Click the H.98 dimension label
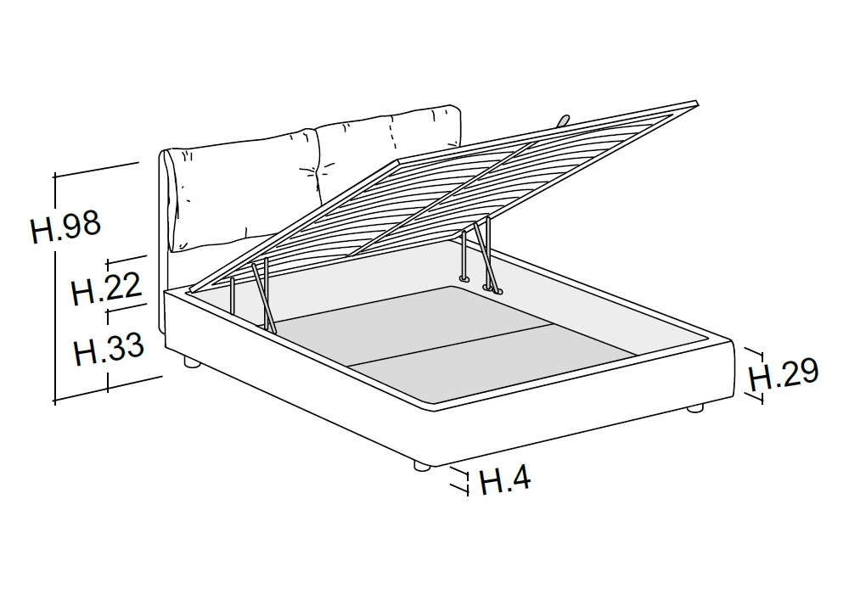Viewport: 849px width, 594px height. click(65, 226)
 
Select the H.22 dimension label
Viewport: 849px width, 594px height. click(107, 288)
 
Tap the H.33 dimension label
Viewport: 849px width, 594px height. click(109, 349)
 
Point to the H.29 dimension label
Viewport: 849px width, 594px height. click(784, 374)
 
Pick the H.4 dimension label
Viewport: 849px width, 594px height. click(505, 479)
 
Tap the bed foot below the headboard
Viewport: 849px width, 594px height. click(190, 362)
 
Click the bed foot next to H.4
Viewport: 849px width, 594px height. click(422, 465)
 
